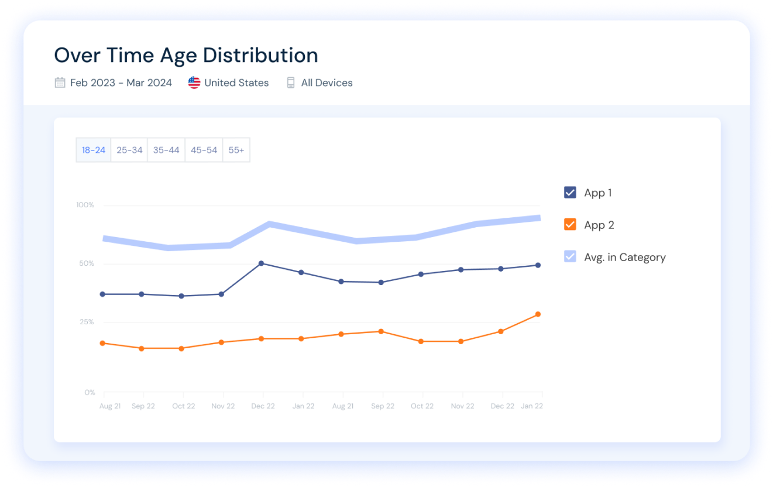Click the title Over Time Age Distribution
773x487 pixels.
[x=186, y=56]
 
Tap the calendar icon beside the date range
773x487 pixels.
[x=60, y=83]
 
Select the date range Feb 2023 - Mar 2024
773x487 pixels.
[x=121, y=83]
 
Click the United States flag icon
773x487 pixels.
[x=194, y=83]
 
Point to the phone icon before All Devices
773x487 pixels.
[x=291, y=83]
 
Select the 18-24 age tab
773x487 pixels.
[x=94, y=150]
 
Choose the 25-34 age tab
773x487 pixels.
[x=129, y=150]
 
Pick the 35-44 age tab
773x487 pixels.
[x=166, y=150]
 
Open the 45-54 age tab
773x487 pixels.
[x=204, y=150]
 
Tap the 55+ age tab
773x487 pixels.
[x=236, y=150]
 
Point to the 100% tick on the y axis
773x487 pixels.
[x=85, y=205]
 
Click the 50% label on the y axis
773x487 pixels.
[x=87, y=263]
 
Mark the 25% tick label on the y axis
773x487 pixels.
[x=87, y=322]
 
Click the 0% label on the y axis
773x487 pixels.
[x=89, y=392]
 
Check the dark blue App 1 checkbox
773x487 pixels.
[x=570, y=193]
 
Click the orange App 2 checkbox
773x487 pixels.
[x=570, y=225]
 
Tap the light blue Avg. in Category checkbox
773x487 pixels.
[x=570, y=256]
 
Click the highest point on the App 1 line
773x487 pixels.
[x=261, y=263]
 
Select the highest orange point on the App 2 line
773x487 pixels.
[x=538, y=314]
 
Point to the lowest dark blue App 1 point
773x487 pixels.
[x=181, y=296]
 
